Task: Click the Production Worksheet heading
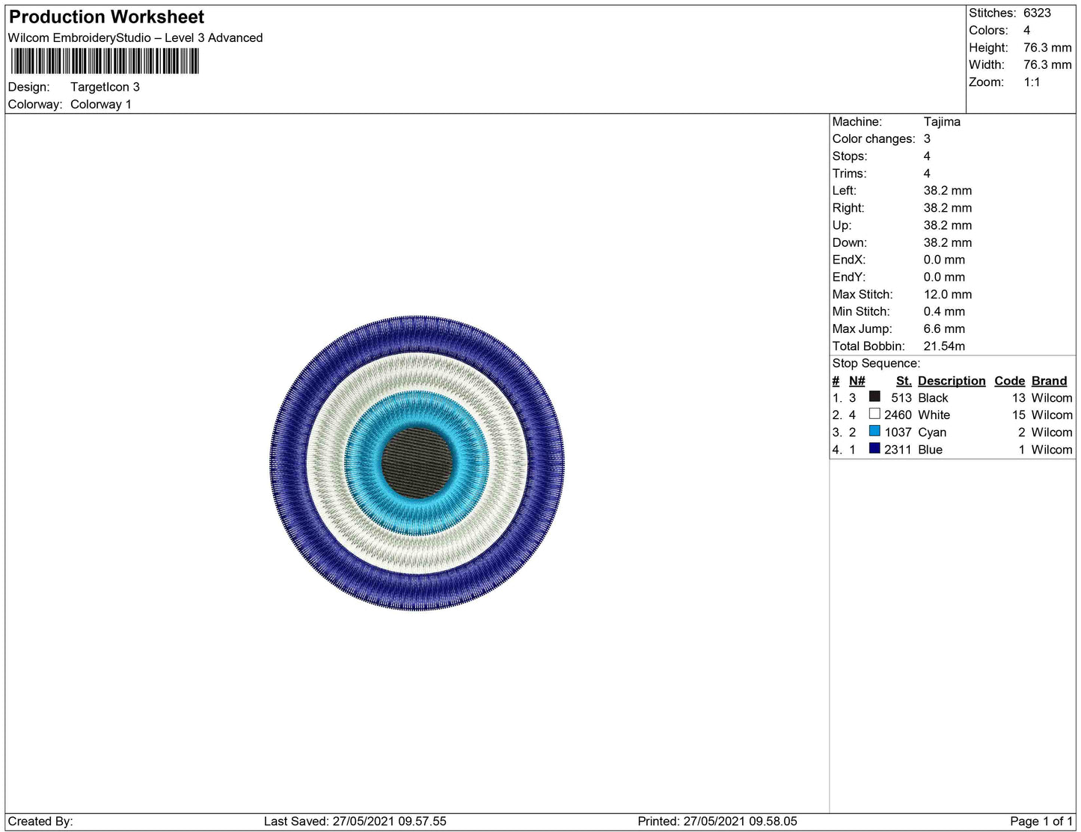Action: pos(106,17)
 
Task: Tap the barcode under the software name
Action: pos(105,61)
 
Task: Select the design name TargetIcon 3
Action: pos(105,87)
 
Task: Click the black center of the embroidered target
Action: pos(417,462)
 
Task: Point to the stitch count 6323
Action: pos(1037,13)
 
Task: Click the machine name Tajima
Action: pos(942,122)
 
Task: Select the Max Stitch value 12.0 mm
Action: pos(947,294)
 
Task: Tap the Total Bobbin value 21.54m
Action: pos(943,346)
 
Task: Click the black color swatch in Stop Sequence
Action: pos(874,397)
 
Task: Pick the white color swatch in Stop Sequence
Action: pos(874,414)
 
